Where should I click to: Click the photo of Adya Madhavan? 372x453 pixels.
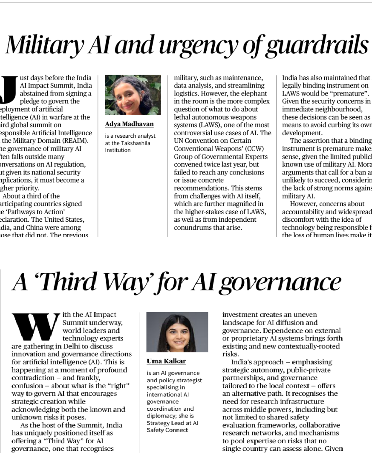click(133, 95)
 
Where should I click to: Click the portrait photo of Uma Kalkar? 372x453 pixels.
click(177, 332)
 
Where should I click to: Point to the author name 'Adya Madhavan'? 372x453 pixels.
click(130, 125)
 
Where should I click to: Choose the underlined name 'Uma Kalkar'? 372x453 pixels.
click(166, 361)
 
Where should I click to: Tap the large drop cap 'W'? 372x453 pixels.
click(35, 328)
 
